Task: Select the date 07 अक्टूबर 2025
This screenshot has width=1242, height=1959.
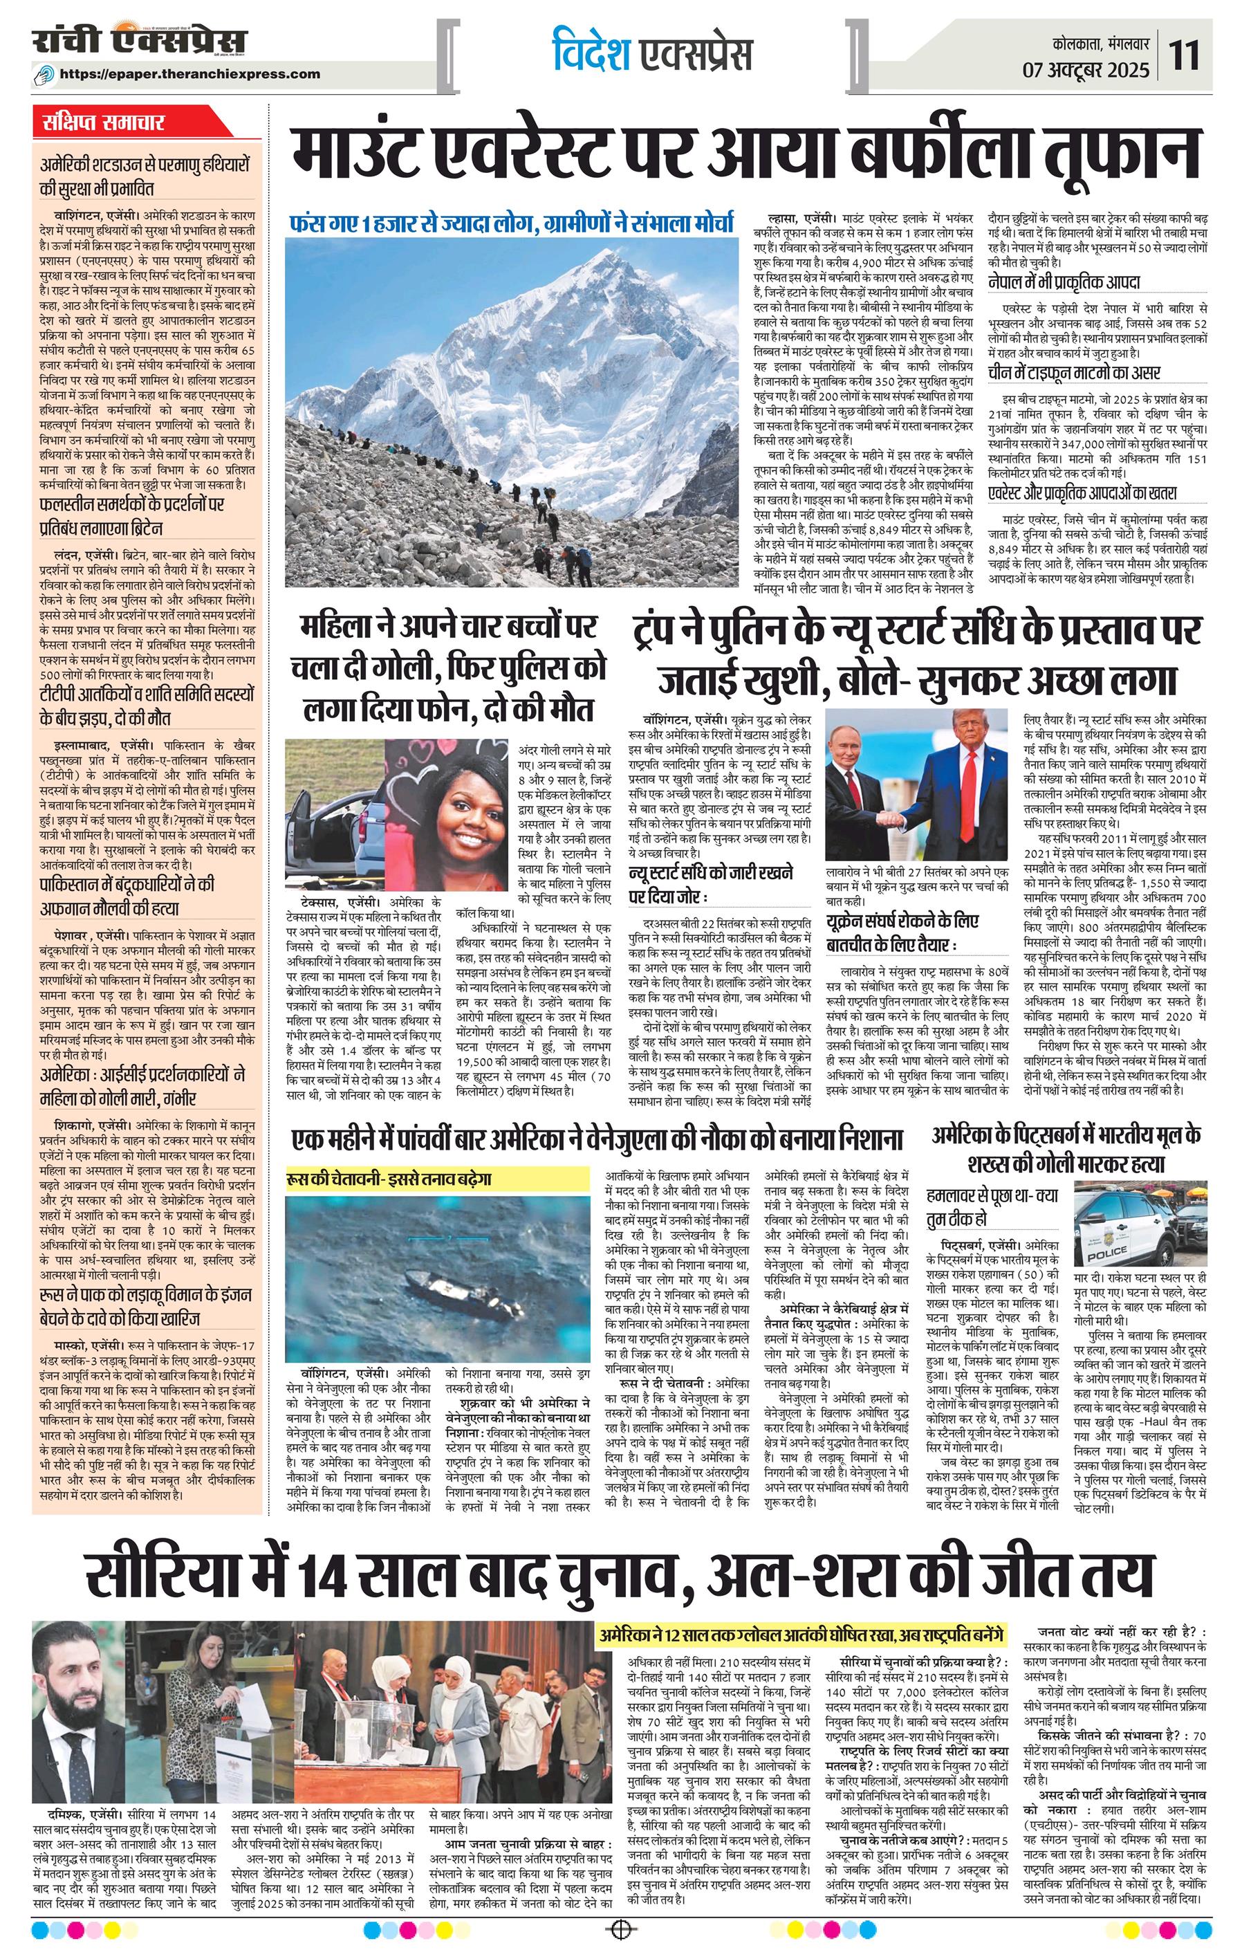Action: tap(1086, 70)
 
